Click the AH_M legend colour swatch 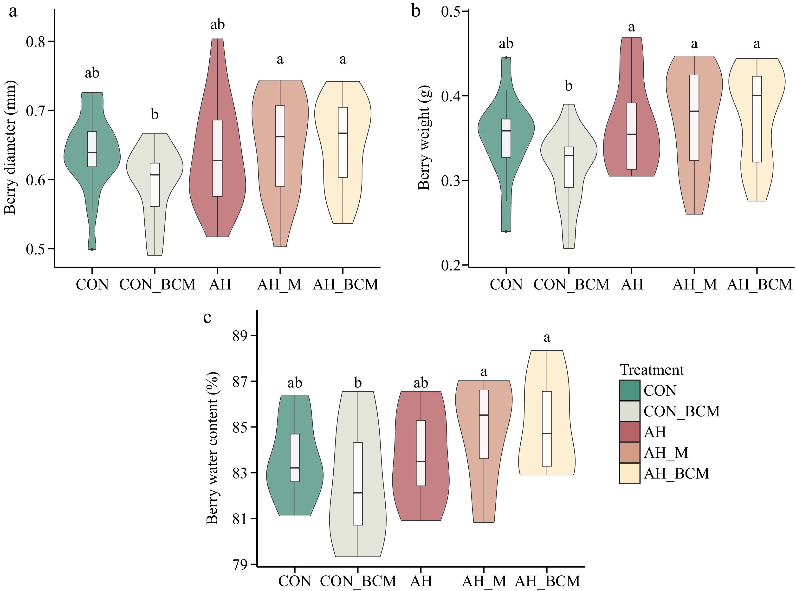point(629,453)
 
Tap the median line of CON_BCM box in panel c point(358,493)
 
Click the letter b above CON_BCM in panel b point(569,86)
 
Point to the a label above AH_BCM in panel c point(547,337)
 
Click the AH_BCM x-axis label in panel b point(759,285)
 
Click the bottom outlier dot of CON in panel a point(92,249)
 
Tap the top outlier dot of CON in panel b point(506,58)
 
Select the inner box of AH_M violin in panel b point(694,118)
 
